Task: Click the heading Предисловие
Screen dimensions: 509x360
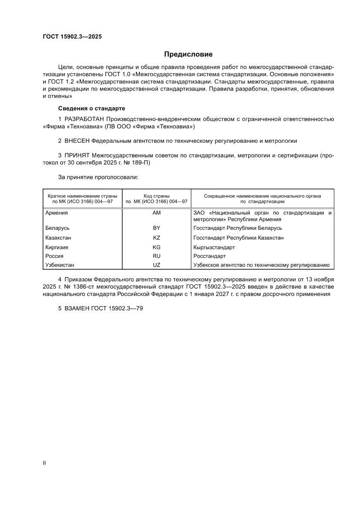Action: tap(188, 54)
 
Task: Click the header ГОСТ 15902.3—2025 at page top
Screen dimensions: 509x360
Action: tap(72, 37)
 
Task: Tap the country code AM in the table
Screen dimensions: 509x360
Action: tap(157, 213)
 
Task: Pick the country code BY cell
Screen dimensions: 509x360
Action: tap(157, 228)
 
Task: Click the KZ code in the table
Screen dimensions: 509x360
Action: tap(157, 238)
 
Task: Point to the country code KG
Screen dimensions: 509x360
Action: tap(157, 247)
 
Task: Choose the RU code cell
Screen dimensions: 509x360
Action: tap(157, 256)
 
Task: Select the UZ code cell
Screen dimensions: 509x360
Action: tap(157, 265)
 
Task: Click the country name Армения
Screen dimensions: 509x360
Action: tap(57, 213)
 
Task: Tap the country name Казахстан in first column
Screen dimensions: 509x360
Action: tap(58, 238)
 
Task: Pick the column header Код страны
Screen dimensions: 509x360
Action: tap(157, 196)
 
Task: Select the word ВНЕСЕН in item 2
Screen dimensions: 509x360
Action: tap(77, 141)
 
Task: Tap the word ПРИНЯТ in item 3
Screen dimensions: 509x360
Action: tap(77, 155)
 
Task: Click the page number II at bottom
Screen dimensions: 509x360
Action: tap(44, 463)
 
